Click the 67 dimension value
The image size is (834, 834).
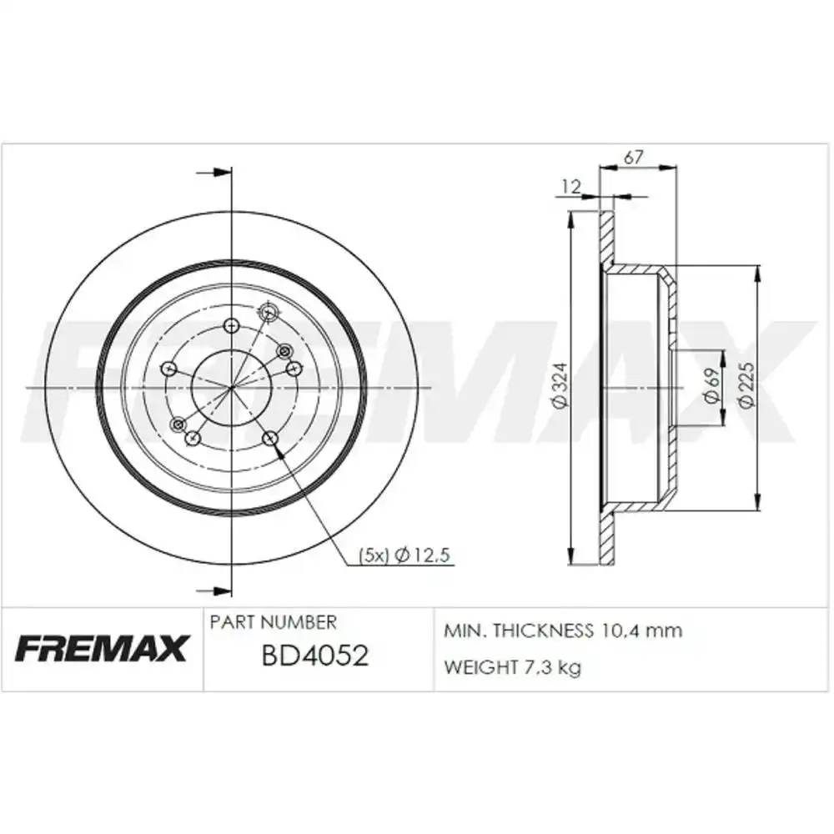point(634,157)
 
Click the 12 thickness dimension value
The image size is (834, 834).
point(570,187)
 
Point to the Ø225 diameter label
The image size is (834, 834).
point(746,385)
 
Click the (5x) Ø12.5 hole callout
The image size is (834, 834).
point(404,555)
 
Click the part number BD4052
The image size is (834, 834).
point(315,656)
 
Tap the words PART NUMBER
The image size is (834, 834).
point(274,622)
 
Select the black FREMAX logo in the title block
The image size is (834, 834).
point(102,647)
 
